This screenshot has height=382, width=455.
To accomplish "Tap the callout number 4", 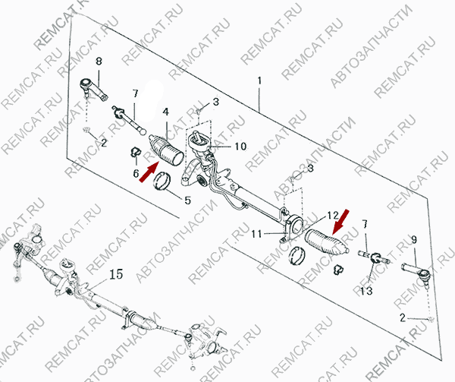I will pos(165,112).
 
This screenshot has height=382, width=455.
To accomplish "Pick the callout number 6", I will pos(136,175).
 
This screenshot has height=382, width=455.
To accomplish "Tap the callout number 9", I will pos(413,241).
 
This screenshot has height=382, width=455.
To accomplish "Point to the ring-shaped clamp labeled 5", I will pos(163,183).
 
